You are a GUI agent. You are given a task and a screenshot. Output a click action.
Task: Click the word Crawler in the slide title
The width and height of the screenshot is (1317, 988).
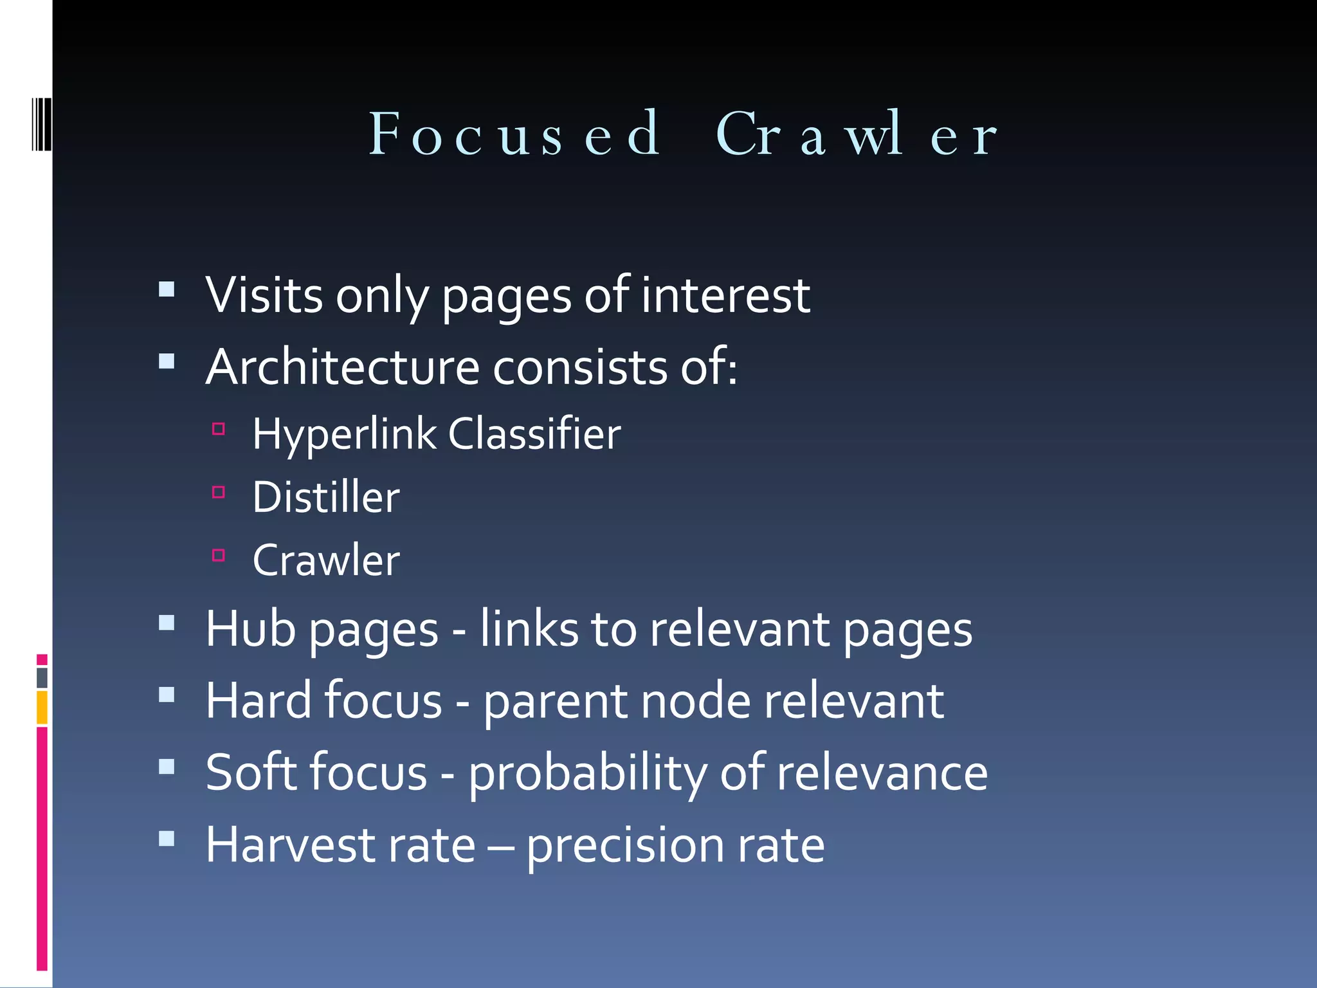(x=855, y=134)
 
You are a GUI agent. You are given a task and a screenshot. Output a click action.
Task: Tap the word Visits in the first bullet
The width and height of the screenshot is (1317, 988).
(x=264, y=295)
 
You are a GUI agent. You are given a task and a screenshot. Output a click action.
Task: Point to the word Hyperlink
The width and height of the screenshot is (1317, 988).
(x=345, y=435)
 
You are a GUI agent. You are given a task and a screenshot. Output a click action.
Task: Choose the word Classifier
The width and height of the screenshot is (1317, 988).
(x=534, y=434)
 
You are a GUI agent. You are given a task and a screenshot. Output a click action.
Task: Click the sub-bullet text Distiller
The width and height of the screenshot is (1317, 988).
(x=326, y=497)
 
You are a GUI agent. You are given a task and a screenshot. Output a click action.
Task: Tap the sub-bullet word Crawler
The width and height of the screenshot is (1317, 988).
(x=326, y=560)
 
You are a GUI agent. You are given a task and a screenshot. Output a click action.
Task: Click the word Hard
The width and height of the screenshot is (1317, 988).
(x=259, y=700)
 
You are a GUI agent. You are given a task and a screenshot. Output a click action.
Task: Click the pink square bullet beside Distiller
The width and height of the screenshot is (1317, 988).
(x=219, y=493)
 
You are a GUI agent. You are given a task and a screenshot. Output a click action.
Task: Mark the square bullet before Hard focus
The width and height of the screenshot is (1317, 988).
(x=167, y=695)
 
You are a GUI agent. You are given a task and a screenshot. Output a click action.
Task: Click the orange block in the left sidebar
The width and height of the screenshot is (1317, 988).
(x=42, y=707)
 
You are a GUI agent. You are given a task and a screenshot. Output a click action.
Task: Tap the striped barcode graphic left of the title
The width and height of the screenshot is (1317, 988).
(x=42, y=125)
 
